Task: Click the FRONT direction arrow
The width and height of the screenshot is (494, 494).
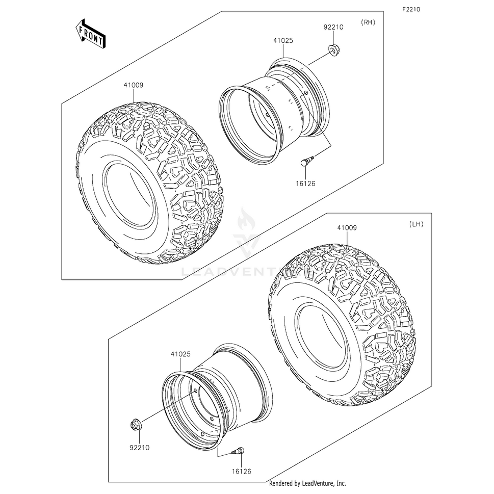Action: click(90, 34)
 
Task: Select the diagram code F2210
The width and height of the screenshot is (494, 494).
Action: click(411, 10)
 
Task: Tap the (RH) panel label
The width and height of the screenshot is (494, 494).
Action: click(368, 22)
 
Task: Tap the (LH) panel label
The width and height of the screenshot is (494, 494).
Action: click(416, 224)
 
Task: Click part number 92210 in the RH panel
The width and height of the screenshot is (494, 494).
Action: click(333, 27)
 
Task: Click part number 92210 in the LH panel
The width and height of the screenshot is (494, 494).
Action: click(140, 448)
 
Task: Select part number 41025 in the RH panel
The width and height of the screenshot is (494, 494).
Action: click(283, 40)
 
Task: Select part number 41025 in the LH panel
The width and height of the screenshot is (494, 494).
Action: click(180, 354)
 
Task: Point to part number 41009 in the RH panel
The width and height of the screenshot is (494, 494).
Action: click(133, 85)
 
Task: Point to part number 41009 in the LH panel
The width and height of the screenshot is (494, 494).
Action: click(347, 227)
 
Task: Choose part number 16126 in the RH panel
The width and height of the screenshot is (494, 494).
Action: click(305, 184)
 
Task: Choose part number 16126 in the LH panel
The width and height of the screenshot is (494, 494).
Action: click(241, 472)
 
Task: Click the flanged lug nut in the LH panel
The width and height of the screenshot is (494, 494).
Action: click(137, 426)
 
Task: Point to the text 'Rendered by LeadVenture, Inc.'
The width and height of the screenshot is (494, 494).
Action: click(307, 483)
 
